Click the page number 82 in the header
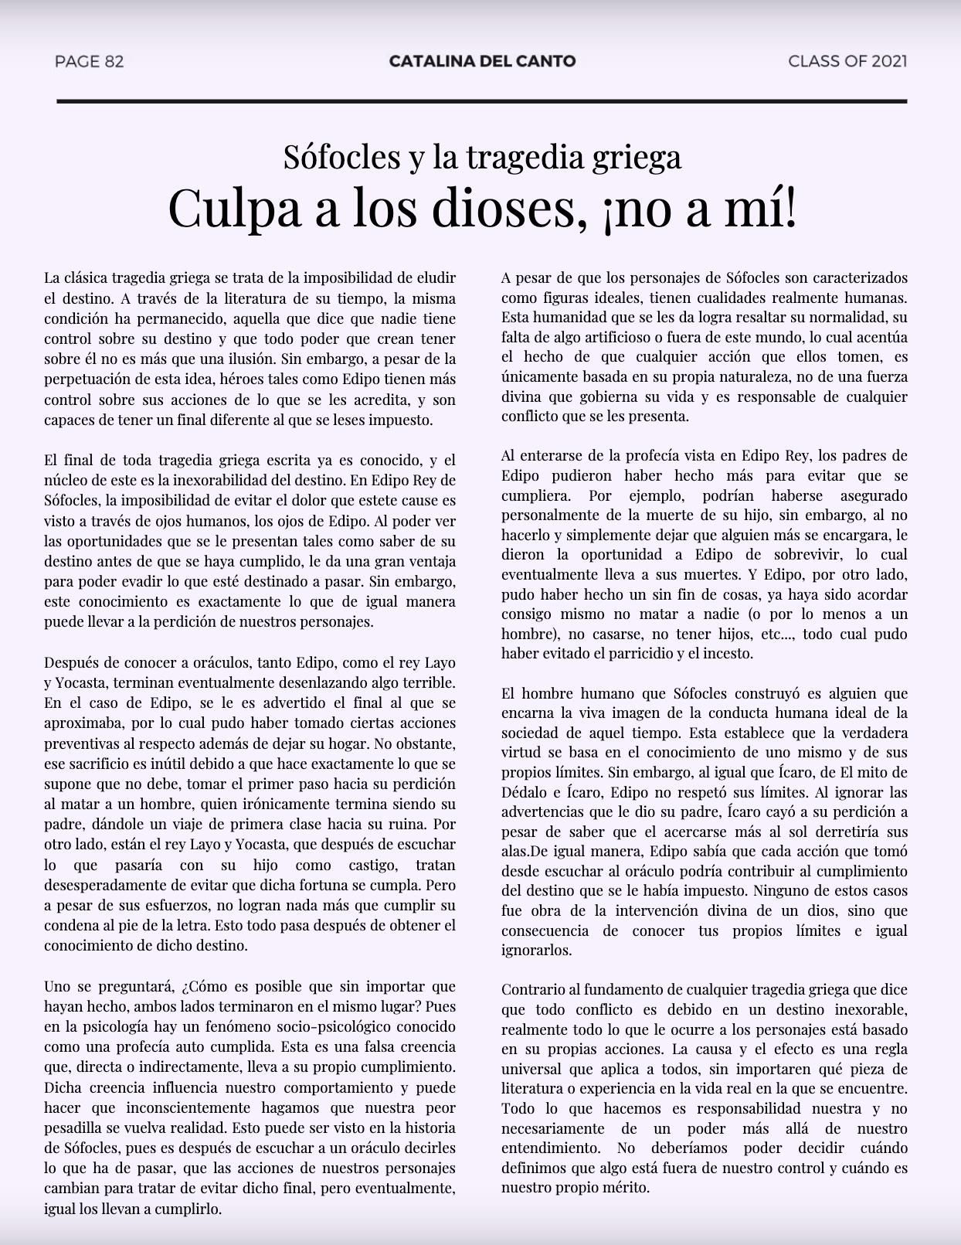pos(113,61)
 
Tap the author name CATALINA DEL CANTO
pos(482,61)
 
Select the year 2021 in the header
pos(888,61)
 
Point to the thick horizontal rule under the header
pos(481,101)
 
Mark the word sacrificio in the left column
pos(104,764)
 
